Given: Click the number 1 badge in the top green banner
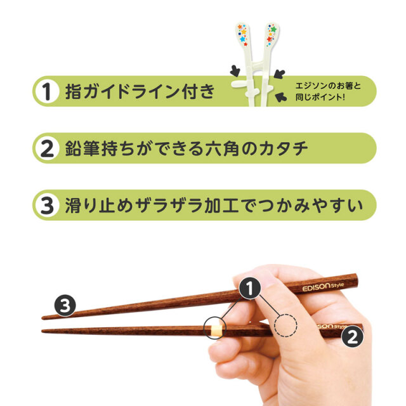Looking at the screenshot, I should pos(46,91).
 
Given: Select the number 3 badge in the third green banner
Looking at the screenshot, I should pos(46,206).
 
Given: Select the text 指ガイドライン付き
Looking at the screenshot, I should pos(140,92).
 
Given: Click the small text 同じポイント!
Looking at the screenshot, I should pos(320,98).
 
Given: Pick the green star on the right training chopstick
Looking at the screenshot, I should pos(273,29).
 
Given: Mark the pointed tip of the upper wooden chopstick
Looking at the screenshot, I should pos(44,317).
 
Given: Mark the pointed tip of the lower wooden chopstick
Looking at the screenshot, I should pos(44,331).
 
